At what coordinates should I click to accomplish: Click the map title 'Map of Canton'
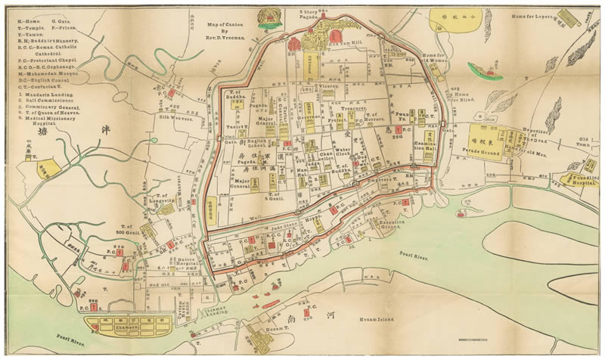(x=226, y=24)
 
